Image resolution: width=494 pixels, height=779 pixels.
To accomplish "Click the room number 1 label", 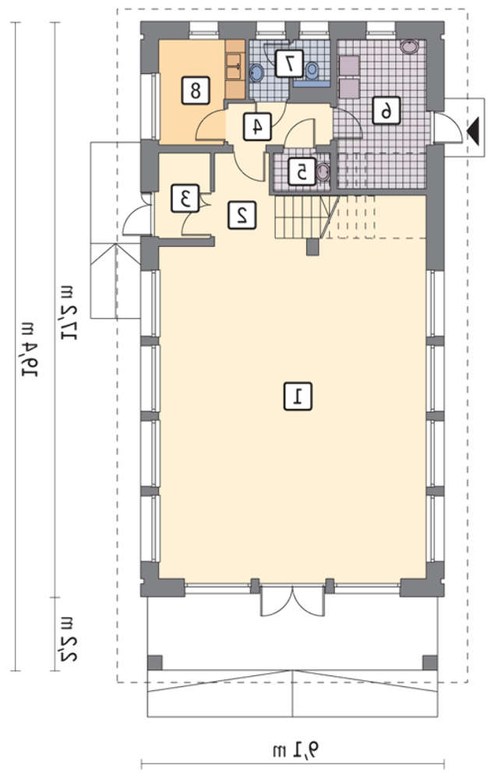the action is [x=298, y=396].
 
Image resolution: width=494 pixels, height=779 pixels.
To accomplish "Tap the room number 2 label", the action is [x=242, y=215].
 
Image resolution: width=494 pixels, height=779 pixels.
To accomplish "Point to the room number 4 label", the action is [x=257, y=125].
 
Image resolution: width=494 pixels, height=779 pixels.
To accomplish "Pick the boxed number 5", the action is [x=302, y=172].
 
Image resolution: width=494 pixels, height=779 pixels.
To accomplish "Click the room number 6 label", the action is [x=386, y=110].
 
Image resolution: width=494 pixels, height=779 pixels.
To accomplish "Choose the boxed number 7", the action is [x=289, y=63].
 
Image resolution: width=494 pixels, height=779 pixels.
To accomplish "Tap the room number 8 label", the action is [x=196, y=90].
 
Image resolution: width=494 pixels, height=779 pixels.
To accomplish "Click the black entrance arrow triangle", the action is [x=473, y=131].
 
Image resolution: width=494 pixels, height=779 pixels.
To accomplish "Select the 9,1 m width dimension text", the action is [x=296, y=748].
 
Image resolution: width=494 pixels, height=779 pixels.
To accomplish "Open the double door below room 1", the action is [x=293, y=601].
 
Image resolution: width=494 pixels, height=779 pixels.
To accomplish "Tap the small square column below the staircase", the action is [x=312, y=247].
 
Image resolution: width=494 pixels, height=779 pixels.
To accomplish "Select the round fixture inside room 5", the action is [x=323, y=172].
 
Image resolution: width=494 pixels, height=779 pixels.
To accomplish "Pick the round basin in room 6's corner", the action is [x=410, y=48].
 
